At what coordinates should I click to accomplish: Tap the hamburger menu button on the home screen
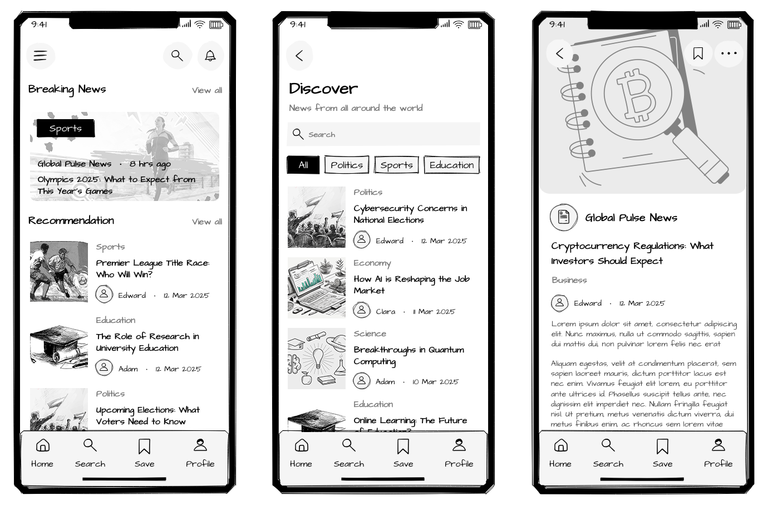(40, 56)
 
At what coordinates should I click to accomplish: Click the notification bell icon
(210, 56)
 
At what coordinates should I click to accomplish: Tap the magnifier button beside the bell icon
(177, 56)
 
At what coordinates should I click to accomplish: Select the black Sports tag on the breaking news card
(66, 128)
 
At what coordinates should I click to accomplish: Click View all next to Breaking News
(206, 90)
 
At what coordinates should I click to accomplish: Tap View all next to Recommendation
(206, 222)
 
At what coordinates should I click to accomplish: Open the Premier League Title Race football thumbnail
(59, 272)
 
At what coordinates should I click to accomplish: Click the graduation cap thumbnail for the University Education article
(59, 345)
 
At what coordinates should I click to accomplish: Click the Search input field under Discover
(383, 134)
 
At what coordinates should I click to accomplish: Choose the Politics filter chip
(347, 165)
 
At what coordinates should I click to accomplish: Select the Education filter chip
(451, 165)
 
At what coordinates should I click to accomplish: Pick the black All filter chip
(303, 165)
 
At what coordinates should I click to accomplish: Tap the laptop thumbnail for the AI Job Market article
(317, 287)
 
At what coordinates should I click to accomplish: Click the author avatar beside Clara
(362, 310)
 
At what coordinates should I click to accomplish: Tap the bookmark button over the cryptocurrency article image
(698, 53)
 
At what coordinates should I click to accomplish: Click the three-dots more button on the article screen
(728, 53)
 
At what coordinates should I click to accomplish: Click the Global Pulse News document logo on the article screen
(564, 217)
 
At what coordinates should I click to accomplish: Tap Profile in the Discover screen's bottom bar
(459, 453)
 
